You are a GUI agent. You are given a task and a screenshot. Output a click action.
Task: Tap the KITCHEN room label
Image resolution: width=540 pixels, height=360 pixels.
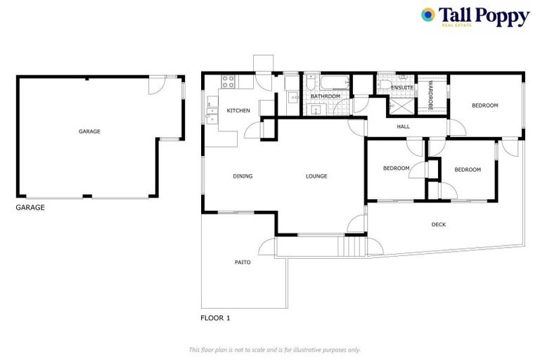coord(238,110)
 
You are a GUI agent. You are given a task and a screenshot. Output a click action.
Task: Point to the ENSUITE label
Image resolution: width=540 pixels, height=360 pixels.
coord(402,87)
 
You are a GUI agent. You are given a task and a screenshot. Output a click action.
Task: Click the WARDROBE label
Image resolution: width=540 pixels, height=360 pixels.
coord(430,95)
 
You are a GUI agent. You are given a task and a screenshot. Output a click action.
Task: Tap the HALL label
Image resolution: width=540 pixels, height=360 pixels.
coord(403,127)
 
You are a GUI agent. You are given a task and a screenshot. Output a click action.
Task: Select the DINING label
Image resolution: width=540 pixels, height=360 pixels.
coord(243,176)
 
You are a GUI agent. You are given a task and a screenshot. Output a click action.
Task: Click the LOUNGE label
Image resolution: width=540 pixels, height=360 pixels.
coord(316,176)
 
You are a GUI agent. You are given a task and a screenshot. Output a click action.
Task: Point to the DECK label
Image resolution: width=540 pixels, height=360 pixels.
coord(439,224)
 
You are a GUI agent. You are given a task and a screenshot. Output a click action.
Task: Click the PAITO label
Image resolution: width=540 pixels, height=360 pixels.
coord(243,262)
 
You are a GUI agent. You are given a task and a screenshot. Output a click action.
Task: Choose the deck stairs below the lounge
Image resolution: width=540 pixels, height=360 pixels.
coord(352,247)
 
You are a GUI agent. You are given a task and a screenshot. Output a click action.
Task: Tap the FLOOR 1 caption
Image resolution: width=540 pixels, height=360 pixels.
coord(215,318)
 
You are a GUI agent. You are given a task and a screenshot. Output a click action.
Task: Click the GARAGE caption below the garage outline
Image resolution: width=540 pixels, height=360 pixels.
coord(30,207)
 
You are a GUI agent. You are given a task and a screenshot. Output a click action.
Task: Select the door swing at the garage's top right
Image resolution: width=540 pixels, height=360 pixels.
coord(156,86)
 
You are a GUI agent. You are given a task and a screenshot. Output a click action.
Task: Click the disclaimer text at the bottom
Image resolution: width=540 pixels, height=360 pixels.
coord(274,349)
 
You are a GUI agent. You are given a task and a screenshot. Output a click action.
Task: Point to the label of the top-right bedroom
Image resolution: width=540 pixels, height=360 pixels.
coord(484,105)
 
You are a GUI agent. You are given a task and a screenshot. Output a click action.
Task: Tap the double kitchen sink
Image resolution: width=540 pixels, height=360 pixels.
coord(212,111)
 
